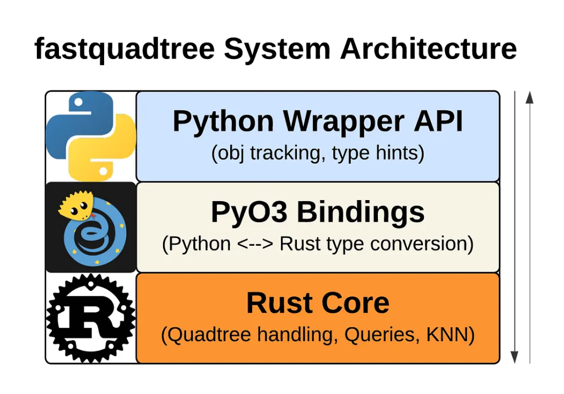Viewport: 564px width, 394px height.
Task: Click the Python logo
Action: pyautogui.click(x=91, y=136)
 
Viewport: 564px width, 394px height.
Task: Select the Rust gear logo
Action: pyautogui.click(x=91, y=318)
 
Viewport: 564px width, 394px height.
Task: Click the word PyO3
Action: pyautogui.click(x=249, y=212)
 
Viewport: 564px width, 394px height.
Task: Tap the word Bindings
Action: pyautogui.click(x=361, y=212)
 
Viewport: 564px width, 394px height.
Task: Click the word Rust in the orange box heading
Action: pyautogui.click(x=274, y=303)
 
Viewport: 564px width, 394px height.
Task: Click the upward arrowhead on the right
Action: pyautogui.click(x=529, y=98)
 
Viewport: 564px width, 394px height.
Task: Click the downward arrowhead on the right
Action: pyautogui.click(x=514, y=356)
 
